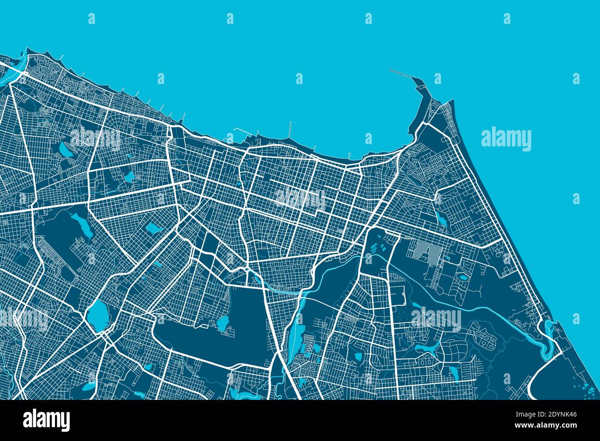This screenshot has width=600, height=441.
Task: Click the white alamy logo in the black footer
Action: pos(46,420)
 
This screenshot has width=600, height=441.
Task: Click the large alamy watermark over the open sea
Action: pos(506,139)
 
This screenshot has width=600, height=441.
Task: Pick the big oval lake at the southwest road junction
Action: pos(96,316)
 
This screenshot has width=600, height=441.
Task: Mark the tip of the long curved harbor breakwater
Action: pos(391,70)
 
